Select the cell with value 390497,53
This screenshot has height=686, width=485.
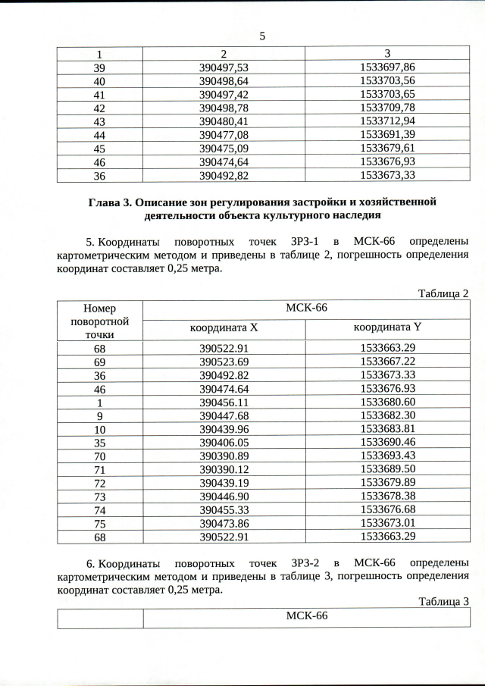pyautogui.click(x=224, y=67)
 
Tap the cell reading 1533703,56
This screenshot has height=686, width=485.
pyautogui.click(x=388, y=80)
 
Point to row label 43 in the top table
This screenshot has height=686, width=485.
pyautogui.click(x=99, y=121)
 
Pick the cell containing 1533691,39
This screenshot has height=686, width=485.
pyautogui.click(x=388, y=134)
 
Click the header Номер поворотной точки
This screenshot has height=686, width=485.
pyautogui.click(x=99, y=321)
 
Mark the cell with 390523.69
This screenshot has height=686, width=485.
pyautogui.click(x=224, y=362)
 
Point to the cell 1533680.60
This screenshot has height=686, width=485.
pyautogui.click(x=388, y=402)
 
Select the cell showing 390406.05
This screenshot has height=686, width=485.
pyautogui.click(x=224, y=443)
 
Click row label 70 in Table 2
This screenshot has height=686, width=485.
pyautogui.click(x=99, y=456)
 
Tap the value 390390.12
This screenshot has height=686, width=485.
pyautogui.click(x=224, y=469)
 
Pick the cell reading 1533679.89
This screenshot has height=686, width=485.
pyautogui.click(x=388, y=483)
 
